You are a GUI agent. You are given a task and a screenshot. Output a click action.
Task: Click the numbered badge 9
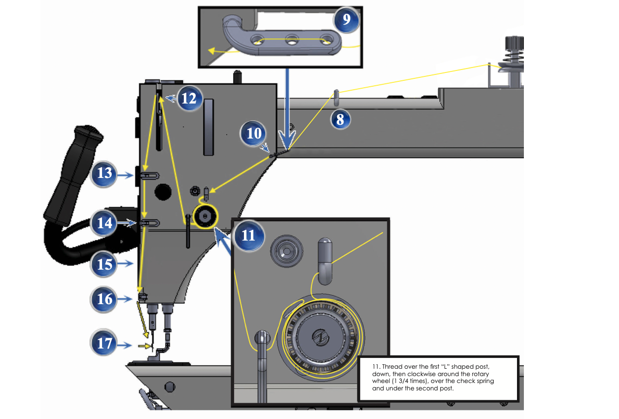pyautogui.click(x=347, y=20)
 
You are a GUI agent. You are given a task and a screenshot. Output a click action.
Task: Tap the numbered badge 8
pyautogui.click(x=340, y=119)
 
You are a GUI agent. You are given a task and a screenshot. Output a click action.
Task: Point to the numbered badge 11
pyautogui.click(x=248, y=235)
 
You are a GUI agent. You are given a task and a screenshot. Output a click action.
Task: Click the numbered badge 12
pyautogui.click(x=188, y=99)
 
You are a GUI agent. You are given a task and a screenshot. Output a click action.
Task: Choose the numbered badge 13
pyautogui.click(x=104, y=174)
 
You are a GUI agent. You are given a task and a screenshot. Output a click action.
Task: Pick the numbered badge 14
pyautogui.click(x=104, y=223)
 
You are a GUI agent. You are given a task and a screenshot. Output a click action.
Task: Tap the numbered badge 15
pyautogui.click(x=104, y=265)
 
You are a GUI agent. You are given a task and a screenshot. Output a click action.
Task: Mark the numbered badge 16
pyautogui.click(x=104, y=299)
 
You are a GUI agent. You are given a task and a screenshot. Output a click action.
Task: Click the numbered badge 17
pyautogui.click(x=104, y=343)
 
